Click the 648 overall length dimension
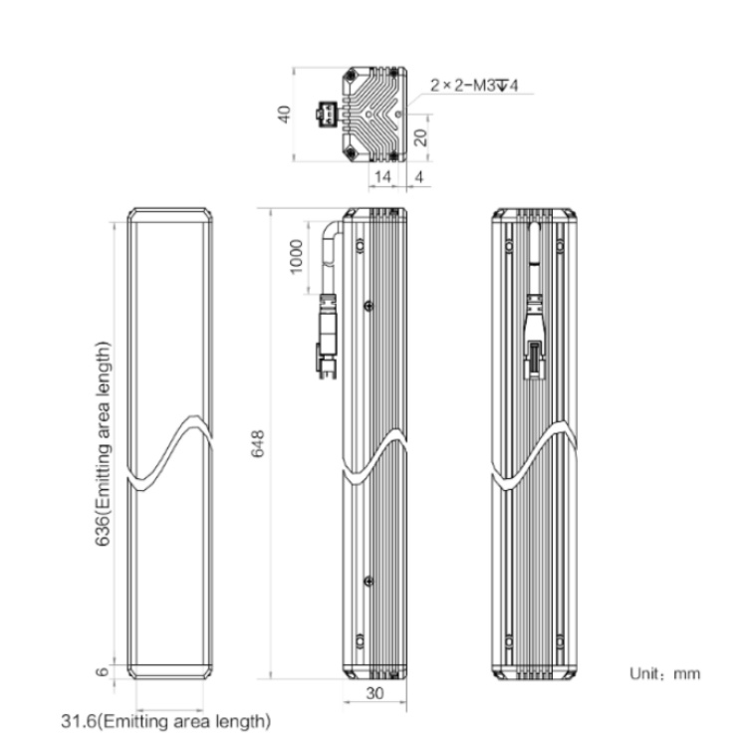point(258,443)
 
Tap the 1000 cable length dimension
point(297,257)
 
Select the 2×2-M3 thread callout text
point(474,86)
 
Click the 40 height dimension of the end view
point(285,115)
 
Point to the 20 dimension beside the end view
point(421,137)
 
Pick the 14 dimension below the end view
point(382,176)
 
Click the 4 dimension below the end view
point(418,176)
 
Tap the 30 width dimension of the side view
point(374,693)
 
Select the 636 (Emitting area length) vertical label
point(103,444)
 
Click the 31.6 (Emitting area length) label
point(165,721)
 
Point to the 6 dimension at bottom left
point(103,671)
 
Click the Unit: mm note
point(665,673)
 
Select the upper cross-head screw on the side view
point(369,306)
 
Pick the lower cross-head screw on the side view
point(369,581)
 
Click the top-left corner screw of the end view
point(352,75)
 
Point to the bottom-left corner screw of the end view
point(352,153)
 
